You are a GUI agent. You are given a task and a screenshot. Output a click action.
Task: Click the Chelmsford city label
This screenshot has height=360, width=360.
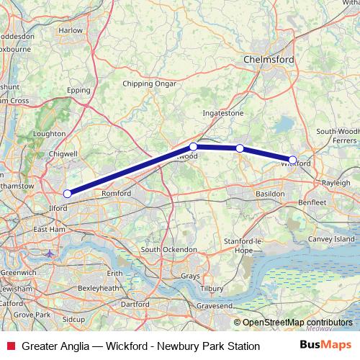pos(269,60)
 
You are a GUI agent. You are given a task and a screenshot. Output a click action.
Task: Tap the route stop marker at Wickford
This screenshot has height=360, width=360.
pos(292,160)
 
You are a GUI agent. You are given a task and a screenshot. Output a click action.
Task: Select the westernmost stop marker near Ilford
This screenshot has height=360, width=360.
pos(67,193)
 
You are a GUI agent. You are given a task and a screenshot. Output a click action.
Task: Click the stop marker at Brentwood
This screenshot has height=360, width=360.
pos(193,146)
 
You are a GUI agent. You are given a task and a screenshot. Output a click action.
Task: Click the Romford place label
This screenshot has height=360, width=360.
pos(116,194)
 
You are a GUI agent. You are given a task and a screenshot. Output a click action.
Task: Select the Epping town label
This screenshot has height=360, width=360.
pos(77,91)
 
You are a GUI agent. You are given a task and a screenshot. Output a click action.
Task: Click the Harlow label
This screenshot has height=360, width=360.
pos(71,31)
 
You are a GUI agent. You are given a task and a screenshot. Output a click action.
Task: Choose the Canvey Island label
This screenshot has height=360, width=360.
pos(332,238)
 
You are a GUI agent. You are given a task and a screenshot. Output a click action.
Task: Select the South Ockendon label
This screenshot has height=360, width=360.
pos(169,249)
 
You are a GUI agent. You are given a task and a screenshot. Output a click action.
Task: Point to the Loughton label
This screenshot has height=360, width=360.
pos(49,134)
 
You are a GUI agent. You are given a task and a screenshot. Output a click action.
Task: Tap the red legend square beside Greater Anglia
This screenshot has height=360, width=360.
pos(11,346)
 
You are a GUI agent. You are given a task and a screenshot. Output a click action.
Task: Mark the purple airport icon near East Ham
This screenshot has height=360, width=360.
pos(48,253)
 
